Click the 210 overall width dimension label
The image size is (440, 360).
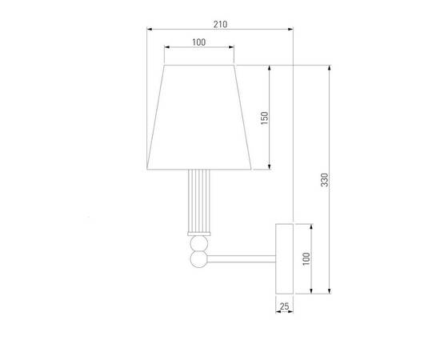[x=220, y=24]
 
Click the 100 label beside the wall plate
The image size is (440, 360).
[x=307, y=258]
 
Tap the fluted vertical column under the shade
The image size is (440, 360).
[x=198, y=200]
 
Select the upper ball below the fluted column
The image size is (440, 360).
[x=198, y=244]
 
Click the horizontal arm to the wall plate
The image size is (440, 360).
[x=240, y=258]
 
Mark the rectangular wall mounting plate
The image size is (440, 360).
[x=285, y=258]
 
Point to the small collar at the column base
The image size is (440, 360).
[x=198, y=233]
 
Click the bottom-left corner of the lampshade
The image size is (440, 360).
[x=147, y=170]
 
